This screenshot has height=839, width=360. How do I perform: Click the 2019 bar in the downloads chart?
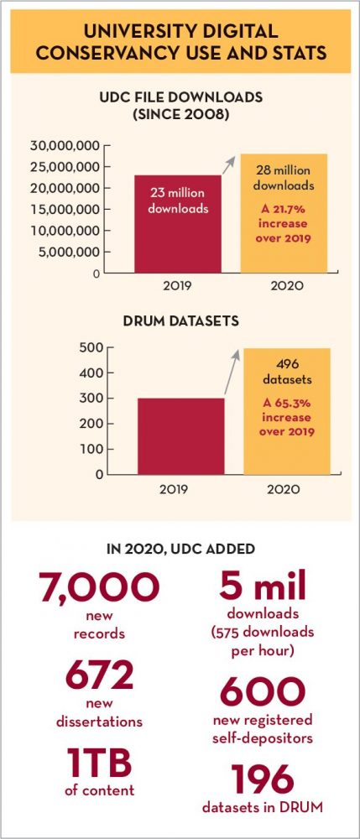click(x=178, y=224)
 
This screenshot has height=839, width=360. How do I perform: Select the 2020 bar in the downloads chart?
click(x=284, y=213)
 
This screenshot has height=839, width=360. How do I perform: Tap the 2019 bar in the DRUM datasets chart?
click(x=180, y=436)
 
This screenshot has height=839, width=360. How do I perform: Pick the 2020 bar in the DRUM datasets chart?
click(x=287, y=411)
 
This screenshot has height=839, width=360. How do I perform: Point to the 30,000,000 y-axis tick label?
click(x=65, y=145)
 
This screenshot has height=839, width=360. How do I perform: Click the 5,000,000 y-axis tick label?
click(x=69, y=252)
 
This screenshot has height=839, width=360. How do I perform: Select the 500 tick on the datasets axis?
click(x=91, y=348)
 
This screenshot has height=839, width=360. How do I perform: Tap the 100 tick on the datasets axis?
click(x=91, y=449)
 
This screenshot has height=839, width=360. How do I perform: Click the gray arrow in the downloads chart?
click(x=228, y=164)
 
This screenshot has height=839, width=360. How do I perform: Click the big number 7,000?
click(x=98, y=587)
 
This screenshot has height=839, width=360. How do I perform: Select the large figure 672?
click(x=99, y=675)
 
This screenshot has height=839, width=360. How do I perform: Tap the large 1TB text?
click(x=100, y=763)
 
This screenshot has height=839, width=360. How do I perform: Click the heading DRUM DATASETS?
click(x=180, y=321)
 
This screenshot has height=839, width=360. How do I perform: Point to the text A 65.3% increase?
click(x=287, y=410)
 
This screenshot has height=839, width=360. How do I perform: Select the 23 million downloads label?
click(x=178, y=201)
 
